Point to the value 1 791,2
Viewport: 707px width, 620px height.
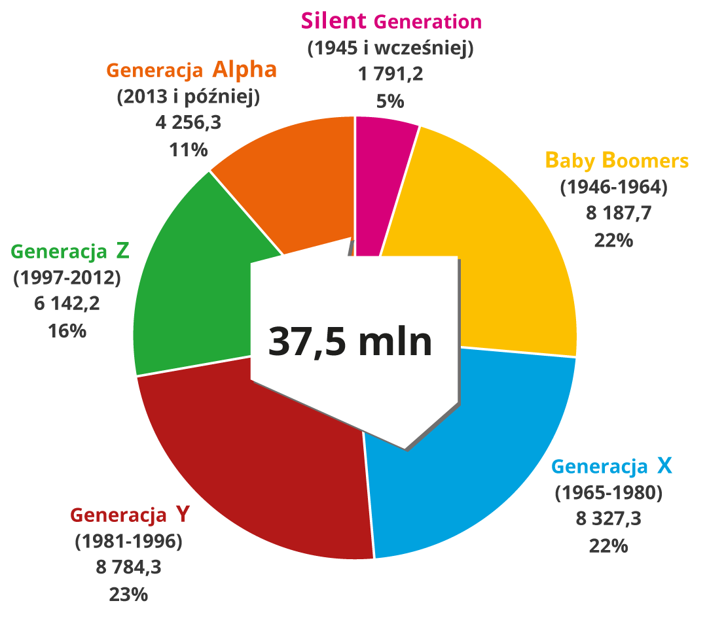390,75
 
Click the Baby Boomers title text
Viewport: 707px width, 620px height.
617,160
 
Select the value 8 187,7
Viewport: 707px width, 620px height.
613,213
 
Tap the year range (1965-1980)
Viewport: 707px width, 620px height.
609,492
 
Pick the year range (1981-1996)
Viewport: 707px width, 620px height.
128,541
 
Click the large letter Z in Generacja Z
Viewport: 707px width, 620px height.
122,250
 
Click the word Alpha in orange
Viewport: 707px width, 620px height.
244,69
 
